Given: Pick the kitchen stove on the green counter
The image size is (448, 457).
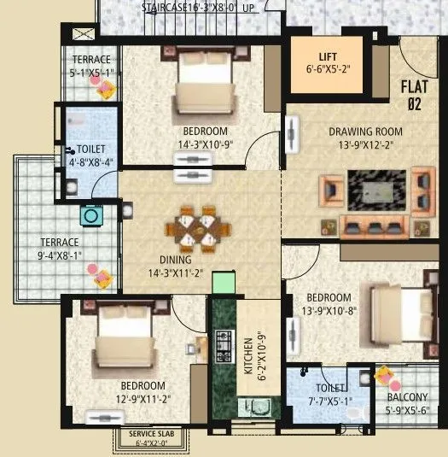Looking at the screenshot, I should (x=224, y=345).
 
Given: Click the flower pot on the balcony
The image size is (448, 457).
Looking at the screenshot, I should (x=383, y=376).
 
